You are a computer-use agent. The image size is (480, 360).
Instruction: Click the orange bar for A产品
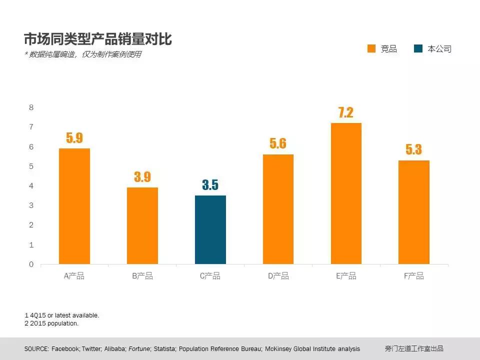(74, 206)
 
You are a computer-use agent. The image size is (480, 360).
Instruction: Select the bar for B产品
(142, 225)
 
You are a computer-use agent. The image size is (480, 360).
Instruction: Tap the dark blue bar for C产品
(210, 229)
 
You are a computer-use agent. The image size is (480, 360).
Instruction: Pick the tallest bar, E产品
(346, 193)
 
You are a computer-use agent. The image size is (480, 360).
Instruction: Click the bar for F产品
(413, 212)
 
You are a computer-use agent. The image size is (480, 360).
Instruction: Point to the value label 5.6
(278, 143)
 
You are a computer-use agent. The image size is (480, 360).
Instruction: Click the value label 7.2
(346, 112)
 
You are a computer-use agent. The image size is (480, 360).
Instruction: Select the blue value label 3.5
(210, 185)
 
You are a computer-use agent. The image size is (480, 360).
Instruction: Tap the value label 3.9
(142, 177)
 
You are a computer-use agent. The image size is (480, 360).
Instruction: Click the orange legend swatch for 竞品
(371, 48)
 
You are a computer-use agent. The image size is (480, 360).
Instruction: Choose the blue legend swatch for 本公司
(418, 48)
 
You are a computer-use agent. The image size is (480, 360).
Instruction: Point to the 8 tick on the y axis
(31, 107)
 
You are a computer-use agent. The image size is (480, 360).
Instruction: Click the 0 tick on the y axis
(31, 264)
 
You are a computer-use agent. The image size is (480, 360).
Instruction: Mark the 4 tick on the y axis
(31, 186)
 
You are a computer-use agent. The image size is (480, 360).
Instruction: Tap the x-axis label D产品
(278, 276)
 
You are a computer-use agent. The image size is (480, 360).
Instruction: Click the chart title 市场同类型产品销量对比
(98, 38)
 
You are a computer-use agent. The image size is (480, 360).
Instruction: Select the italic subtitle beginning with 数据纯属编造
(83, 54)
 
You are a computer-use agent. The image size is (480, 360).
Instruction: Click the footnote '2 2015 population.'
(51, 323)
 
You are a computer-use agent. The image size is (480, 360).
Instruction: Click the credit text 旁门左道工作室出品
(414, 348)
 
